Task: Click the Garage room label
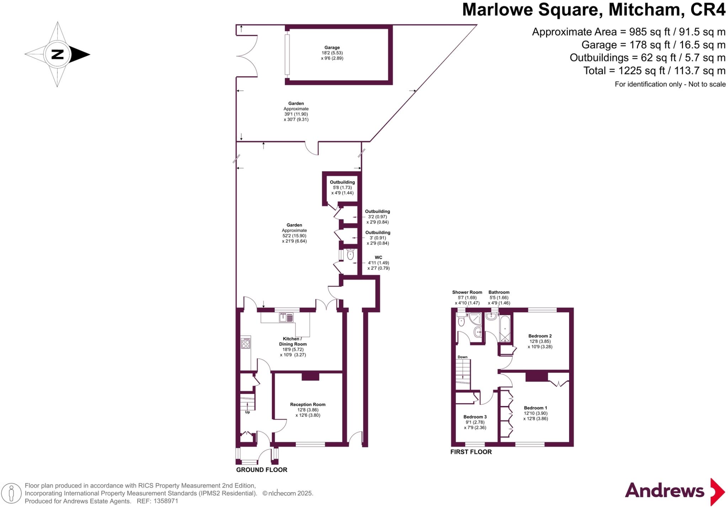332,48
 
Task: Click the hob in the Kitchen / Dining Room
246,343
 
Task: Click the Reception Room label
307,405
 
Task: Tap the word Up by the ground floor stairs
247,412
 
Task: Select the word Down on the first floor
462,357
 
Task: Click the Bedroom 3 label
475,417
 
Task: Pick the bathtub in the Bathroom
505,329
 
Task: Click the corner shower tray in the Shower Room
475,319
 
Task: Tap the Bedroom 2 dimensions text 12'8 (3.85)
540,341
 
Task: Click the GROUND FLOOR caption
262,470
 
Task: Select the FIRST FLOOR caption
471,452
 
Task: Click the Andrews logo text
664,491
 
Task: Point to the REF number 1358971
166,501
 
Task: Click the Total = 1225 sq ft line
654,71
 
